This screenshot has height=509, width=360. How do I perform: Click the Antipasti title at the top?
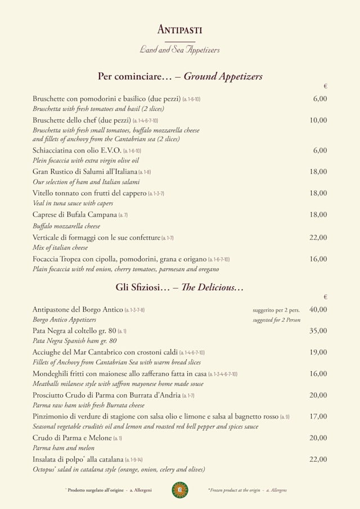(180, 30)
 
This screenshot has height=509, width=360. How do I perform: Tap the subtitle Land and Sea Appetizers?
(180, 49)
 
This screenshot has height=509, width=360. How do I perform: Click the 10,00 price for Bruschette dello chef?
(318, 120)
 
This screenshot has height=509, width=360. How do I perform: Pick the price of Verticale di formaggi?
(318, 237)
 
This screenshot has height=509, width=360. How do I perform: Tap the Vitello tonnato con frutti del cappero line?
(89, 193)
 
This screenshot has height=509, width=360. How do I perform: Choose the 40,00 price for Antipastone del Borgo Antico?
(318, 309)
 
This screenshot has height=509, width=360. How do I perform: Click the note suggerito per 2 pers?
(276, 310)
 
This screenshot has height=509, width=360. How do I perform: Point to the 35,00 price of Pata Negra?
(318, 331)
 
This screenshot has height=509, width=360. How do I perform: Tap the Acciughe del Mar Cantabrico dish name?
(105, 353)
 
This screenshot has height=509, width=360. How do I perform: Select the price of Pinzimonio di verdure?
(318, 417)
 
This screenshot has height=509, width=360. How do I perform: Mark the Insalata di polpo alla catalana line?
(78, 460)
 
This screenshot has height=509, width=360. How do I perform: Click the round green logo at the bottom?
(180, 490)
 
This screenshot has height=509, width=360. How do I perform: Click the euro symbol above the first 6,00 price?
(325, 86)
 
